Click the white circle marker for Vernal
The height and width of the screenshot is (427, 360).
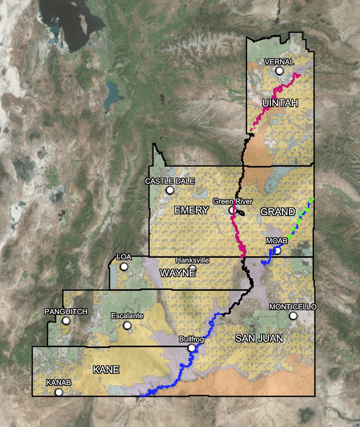[279, 71]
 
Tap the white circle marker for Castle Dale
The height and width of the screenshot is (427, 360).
[170, 190]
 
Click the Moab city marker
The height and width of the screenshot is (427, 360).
[277, 251]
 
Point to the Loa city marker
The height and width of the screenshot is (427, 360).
[124, 266]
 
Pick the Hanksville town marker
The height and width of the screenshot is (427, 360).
[192, 269]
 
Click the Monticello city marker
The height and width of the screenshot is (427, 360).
[293, 315]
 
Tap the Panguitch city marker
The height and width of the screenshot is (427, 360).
[66, 321]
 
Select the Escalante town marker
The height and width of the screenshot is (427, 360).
[127, 325]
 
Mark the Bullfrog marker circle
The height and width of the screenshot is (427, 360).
[192, 348]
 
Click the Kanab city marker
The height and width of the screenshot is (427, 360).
[59, 392]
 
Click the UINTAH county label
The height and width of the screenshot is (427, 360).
[280, 103]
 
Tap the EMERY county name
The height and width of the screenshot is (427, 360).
[192, 210]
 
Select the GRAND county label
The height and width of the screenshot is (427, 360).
[278, 212]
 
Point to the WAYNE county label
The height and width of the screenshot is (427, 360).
[178, 273]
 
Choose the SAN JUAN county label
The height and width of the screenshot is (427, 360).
[259, 338]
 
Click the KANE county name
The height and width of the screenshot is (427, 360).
[106, 369]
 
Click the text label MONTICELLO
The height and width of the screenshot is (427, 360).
[293, 307]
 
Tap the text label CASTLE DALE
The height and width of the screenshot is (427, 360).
[170, 181]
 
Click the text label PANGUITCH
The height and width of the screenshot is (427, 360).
[66, 312]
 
